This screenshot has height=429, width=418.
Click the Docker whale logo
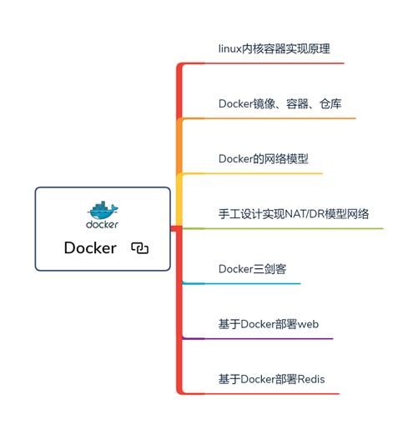click(102, 209)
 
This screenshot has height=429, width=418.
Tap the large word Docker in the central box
click(90, 247)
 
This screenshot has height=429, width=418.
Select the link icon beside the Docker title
click(139, 247)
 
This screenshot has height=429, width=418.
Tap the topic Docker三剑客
click(254, 268)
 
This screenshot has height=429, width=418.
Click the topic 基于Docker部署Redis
click(272, 379)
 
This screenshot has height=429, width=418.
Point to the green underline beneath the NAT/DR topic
click(284, 228)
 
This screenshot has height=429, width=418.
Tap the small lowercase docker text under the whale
click(102, 223)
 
